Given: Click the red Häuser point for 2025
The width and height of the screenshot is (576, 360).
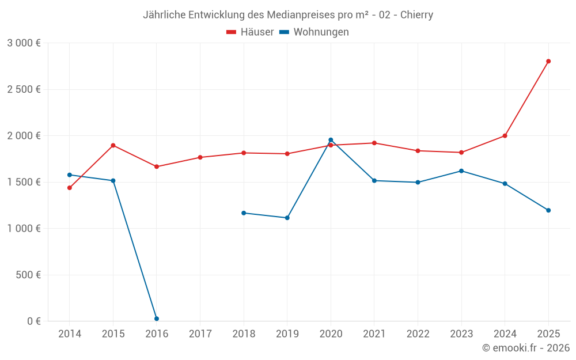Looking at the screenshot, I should (548, 61).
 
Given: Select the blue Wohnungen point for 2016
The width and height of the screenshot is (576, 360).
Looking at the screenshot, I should (157, 319).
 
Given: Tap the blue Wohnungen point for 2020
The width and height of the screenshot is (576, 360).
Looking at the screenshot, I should (331, 140).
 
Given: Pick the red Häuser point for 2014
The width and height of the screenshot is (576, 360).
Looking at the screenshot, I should (70, 188).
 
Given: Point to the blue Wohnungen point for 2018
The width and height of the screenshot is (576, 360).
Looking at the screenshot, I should (244, 213).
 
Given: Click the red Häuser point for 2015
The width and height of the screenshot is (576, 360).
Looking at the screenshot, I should (113, 145).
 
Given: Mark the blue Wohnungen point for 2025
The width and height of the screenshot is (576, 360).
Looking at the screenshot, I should (548, 210).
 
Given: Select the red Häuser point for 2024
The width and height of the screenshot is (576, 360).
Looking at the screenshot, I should (505, 136).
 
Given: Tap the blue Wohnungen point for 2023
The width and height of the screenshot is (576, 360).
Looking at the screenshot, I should (461, 171).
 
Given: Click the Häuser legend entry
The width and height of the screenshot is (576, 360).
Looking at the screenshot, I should (250, 32).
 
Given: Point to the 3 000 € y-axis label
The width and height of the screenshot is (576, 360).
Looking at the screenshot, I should (24, 43).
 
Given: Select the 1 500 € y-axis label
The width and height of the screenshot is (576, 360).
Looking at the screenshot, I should (24, 182).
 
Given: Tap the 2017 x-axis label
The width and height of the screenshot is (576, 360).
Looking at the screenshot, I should (200, 334).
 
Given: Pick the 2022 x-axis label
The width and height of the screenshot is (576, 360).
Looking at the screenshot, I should (418, 334).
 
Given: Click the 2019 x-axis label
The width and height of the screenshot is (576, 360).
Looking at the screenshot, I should (287, 334).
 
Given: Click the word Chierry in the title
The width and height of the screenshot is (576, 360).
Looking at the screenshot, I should (415, 15).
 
